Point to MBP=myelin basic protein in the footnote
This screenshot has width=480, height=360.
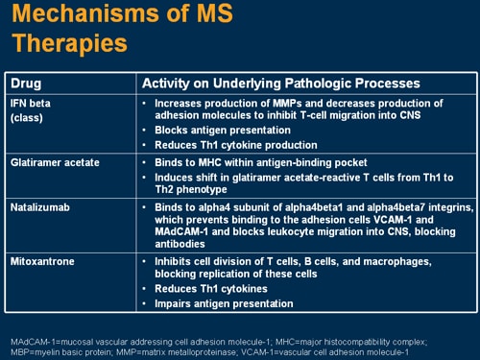point(58,350)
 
